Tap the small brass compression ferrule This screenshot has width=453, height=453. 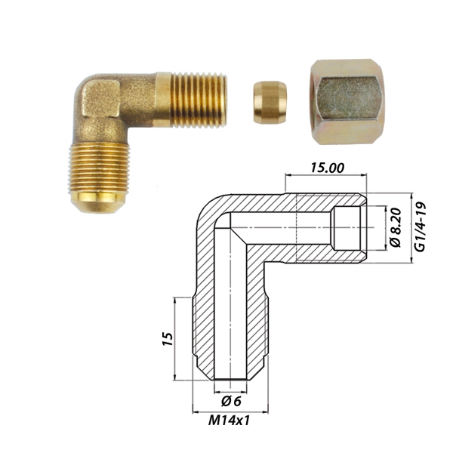(x=270, y=103)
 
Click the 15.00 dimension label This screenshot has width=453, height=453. (x=327, y=168)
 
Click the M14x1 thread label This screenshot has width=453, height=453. (x=229, y=421)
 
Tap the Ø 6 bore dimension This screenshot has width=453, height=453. (x=231, y=402)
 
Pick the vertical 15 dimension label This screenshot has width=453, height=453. (x=168, y=339)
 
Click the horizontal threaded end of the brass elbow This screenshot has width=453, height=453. (x=199, y=100)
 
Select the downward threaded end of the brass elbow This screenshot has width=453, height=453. (x=100, y=168)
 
